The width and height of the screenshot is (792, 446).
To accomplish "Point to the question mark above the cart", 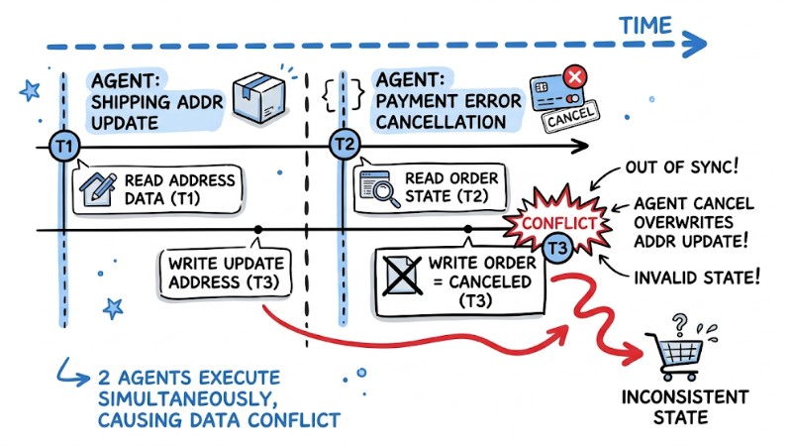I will [x=679, y=321].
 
